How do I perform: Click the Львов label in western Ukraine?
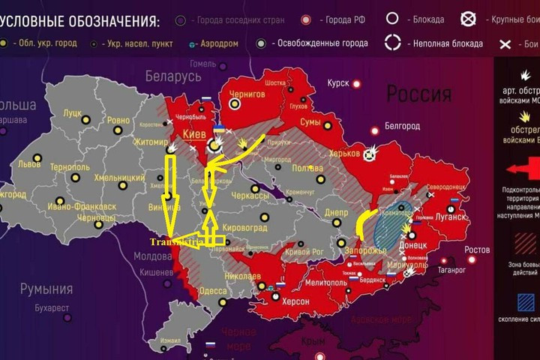(31, 163)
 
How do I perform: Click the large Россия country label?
(418, 94)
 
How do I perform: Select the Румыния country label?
(47, 289)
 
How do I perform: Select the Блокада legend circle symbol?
(391, 18)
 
